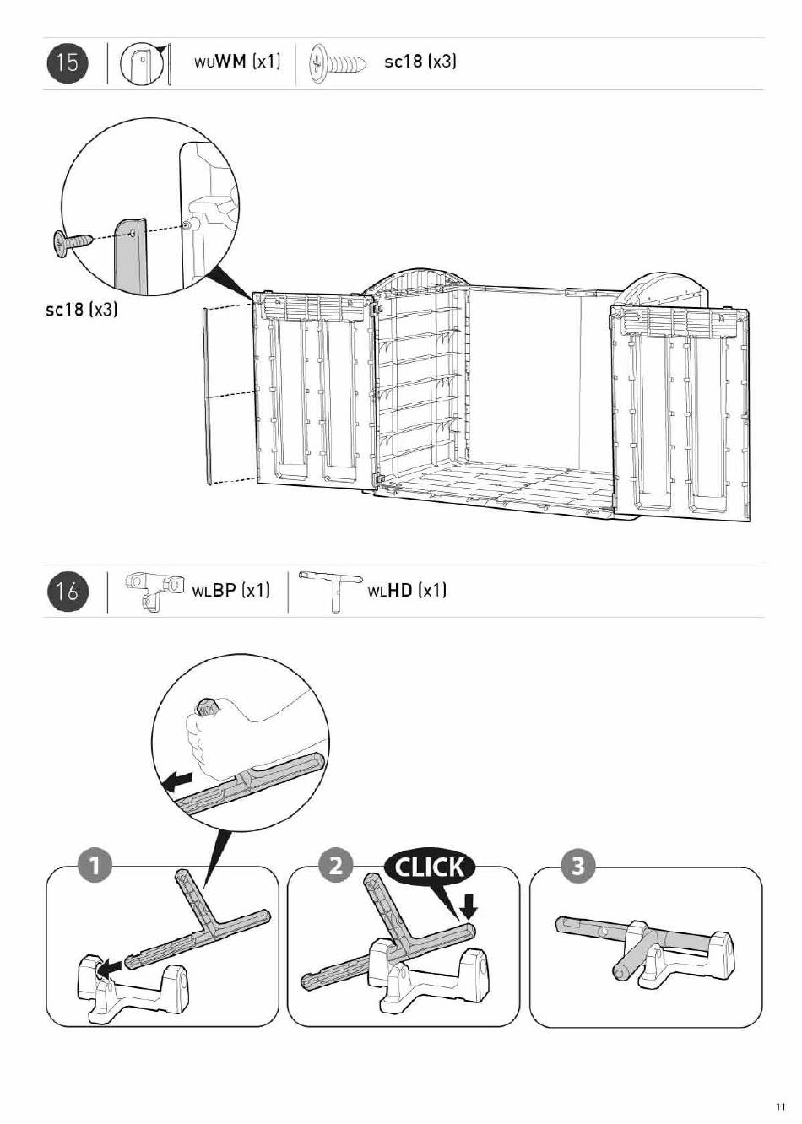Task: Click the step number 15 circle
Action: pyautogui.click(x=68, y=63)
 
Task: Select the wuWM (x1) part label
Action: pyautogui.click(x=237, y=62)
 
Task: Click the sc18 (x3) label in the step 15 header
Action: pyautogui.click(x=420, y=62)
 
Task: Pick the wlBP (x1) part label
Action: pyautogui.click(x=230, y=590)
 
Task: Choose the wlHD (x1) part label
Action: pyautogui.click(x=407, y=590)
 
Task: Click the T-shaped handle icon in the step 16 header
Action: pyautogui.click(x=331, y=591)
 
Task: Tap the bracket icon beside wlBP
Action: pyautogui.click(x=154, y=591)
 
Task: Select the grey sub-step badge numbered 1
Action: pyautogui.click(x=94, y=866)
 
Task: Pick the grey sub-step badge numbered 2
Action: pyautogui.click(x=335, y=866)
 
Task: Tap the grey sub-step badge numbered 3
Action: pyautogui.click(x=577, y=866)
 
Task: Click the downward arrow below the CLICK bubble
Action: pyautogui.click(x=469, y=907)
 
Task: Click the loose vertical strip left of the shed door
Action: pyautogui.click(x=208, y=397)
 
